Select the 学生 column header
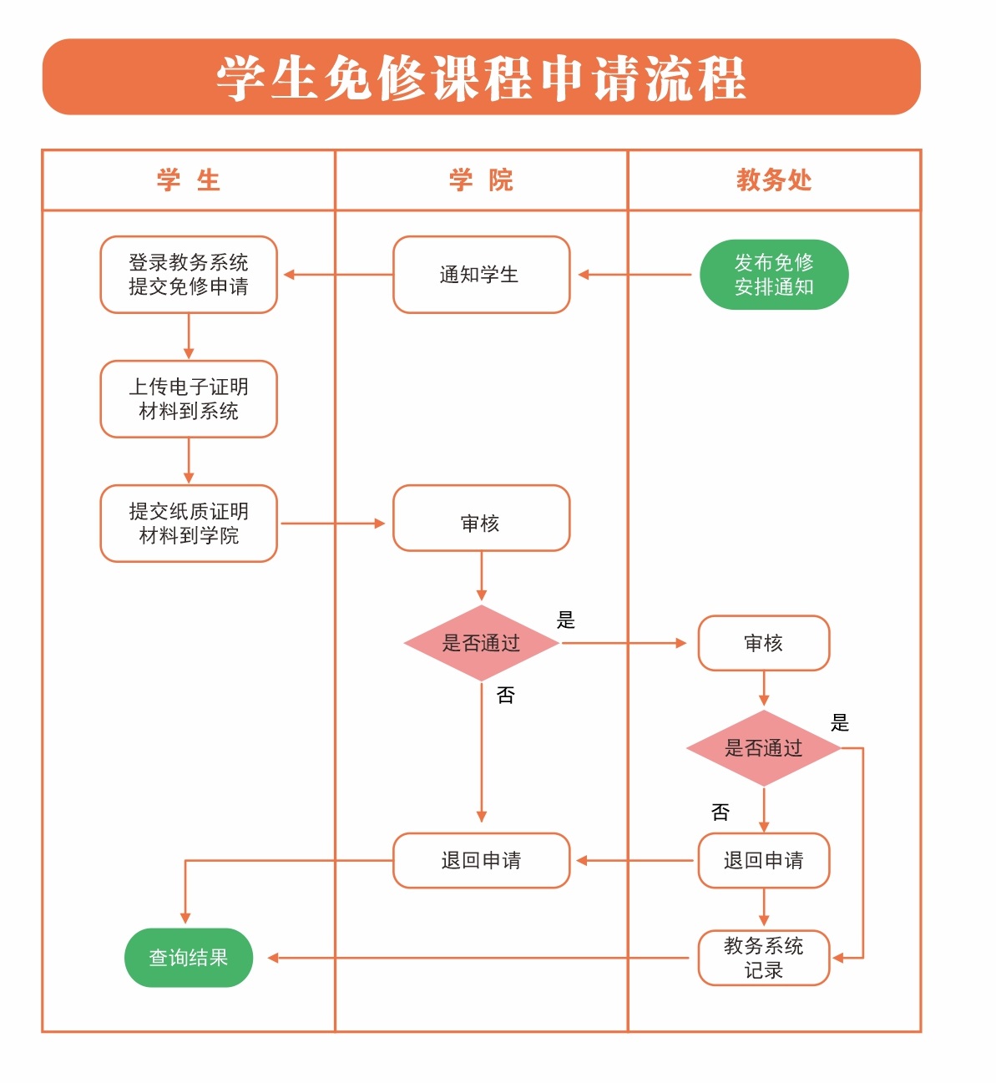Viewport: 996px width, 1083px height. [188, 180]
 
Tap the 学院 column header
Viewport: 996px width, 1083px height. [481, 180]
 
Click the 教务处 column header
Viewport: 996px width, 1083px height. [773, 180]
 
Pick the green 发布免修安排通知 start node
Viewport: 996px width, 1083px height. [773, 275]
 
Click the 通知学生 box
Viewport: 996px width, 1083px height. [481, 275]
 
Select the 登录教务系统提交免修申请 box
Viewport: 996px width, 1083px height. [189, 275]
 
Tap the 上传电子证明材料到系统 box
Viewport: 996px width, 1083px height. [189, 399]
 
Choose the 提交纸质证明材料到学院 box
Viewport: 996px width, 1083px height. [189, 524]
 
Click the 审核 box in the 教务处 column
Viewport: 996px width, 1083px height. [763, 643]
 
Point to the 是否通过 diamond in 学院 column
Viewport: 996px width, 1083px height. [481, 643]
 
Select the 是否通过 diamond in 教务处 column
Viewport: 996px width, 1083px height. [763, 748]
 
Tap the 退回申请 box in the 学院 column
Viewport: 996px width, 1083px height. [481, 860]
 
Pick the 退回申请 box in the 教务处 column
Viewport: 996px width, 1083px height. [763, 860]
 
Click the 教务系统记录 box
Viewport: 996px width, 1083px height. [763, 958]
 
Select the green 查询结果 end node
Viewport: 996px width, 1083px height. [189, 958]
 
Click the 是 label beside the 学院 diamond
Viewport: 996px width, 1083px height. [566, 620]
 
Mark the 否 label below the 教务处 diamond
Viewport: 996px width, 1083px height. [720, 812]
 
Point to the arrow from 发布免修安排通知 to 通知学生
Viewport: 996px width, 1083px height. [635, 275]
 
